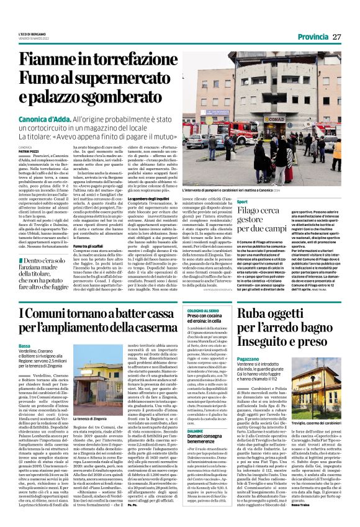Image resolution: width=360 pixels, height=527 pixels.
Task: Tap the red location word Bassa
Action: (x=24, y=345)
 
